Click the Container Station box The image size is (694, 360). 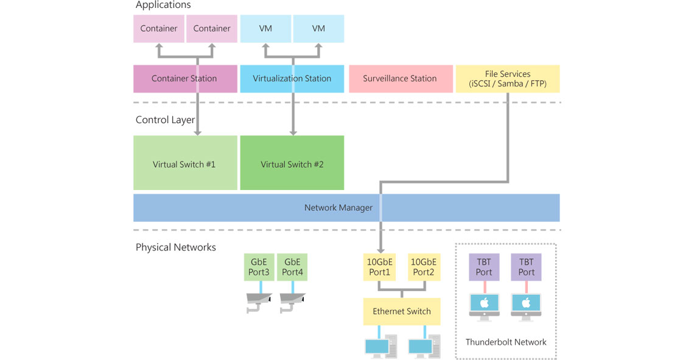click(x=184, y=79)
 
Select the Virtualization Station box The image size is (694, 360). click(x=292, y=79)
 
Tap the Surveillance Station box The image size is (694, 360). click(x=399, y=79)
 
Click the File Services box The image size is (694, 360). click(x=507, y=79)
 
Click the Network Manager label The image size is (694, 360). click(x=338, y=208)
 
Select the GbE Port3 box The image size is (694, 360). click(x=260, y=267)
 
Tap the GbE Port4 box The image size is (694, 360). click(x=292, y=267)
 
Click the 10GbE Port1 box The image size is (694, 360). click(x=379, y=267)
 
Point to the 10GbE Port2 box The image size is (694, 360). click(x=423, y=267)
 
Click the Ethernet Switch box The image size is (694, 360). click(x=401, y=311)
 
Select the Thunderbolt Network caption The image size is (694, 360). click(x=505, y=342)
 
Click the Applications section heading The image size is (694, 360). click(x=163, y=5)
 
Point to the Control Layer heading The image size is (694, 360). click(x=165, y=120)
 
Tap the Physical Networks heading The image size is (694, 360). click(x=175, y=247)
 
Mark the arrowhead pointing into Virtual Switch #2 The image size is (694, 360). click(x=293, y=132)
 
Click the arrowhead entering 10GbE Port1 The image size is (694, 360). click(x=380, y=250)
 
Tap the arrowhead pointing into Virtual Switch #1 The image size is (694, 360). click(x=197, y=132)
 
